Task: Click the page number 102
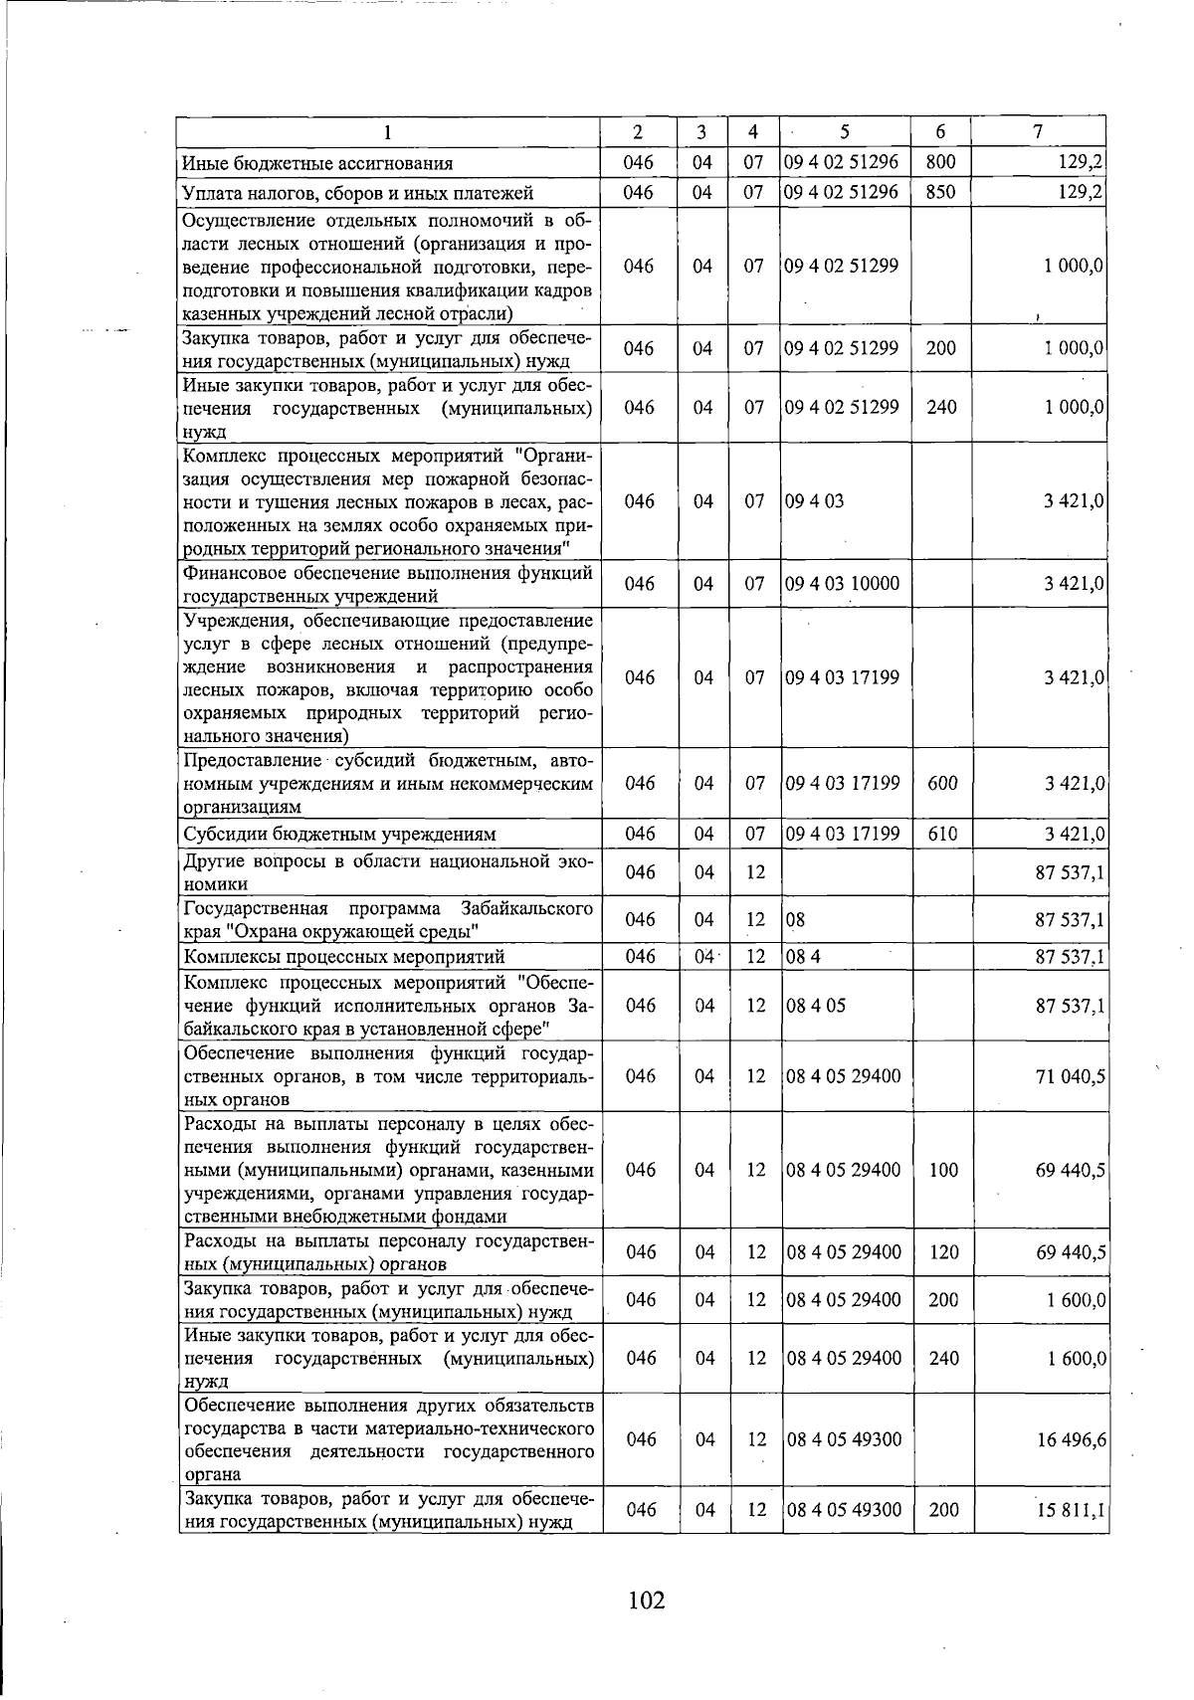[x=646, y=1601]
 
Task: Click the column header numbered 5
[x=844, y=132]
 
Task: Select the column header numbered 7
[x=1038, y=132]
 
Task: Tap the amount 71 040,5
[x=1071, y=1076]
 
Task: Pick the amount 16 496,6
[x=1071, y=1439]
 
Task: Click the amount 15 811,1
[x=1071, y=1510]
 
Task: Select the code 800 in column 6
[x=940, y=162]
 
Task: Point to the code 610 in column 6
[x=941, y=834]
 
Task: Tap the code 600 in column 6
[x=941, y=783]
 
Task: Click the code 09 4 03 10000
[x=842, y=584]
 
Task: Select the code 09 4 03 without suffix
[x=814, y=501]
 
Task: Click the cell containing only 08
[x=795, y=920]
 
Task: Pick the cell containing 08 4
[x=802, y=957]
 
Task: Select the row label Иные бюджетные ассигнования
[x=316, y=163]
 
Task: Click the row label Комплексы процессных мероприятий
[x=343, y=957]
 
